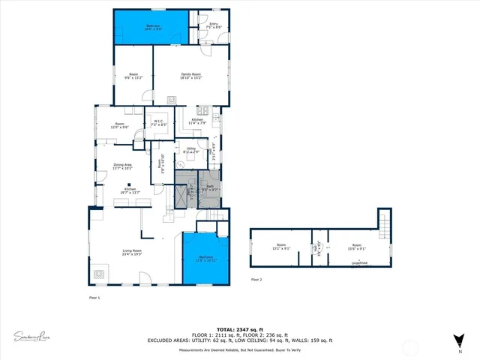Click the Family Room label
191,75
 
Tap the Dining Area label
122,166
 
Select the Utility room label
191,151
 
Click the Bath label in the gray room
211,187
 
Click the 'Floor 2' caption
256,279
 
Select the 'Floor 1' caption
94,298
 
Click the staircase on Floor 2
385,222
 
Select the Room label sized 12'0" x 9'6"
120,126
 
